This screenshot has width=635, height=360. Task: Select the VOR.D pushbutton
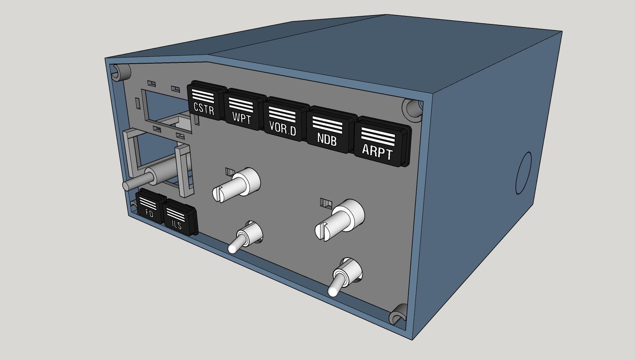[283, 120]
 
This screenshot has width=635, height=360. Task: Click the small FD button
[149, 207]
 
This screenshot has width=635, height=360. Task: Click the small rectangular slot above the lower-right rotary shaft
[325, 202]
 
